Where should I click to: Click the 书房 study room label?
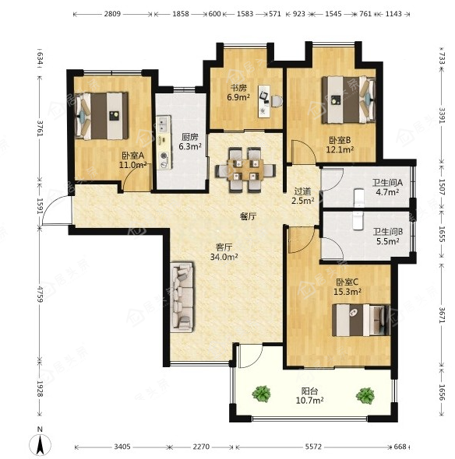pos(238,88)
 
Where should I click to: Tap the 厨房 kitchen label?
pos(189,137)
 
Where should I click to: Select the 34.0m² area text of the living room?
pos(224,257)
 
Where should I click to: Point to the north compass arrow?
pos(41,444)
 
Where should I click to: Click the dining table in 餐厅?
pos(245,170)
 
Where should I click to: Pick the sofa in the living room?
pos(182,297)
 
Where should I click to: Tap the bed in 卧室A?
pos(101,116)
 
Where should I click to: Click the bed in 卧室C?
pos(361,320)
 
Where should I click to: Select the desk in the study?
pos(264,101)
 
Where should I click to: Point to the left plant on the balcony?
pos(261,394)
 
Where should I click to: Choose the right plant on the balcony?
pos(365,396)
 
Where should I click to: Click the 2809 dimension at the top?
pos(112,14)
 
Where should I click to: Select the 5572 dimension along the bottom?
pos(313,447)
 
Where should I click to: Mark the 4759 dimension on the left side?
pos(41,295)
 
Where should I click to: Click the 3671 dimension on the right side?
pos(442,314)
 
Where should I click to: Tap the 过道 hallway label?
pos(302,191)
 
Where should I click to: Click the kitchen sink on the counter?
pos(163,124)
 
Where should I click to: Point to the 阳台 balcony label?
pos(309,391)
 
